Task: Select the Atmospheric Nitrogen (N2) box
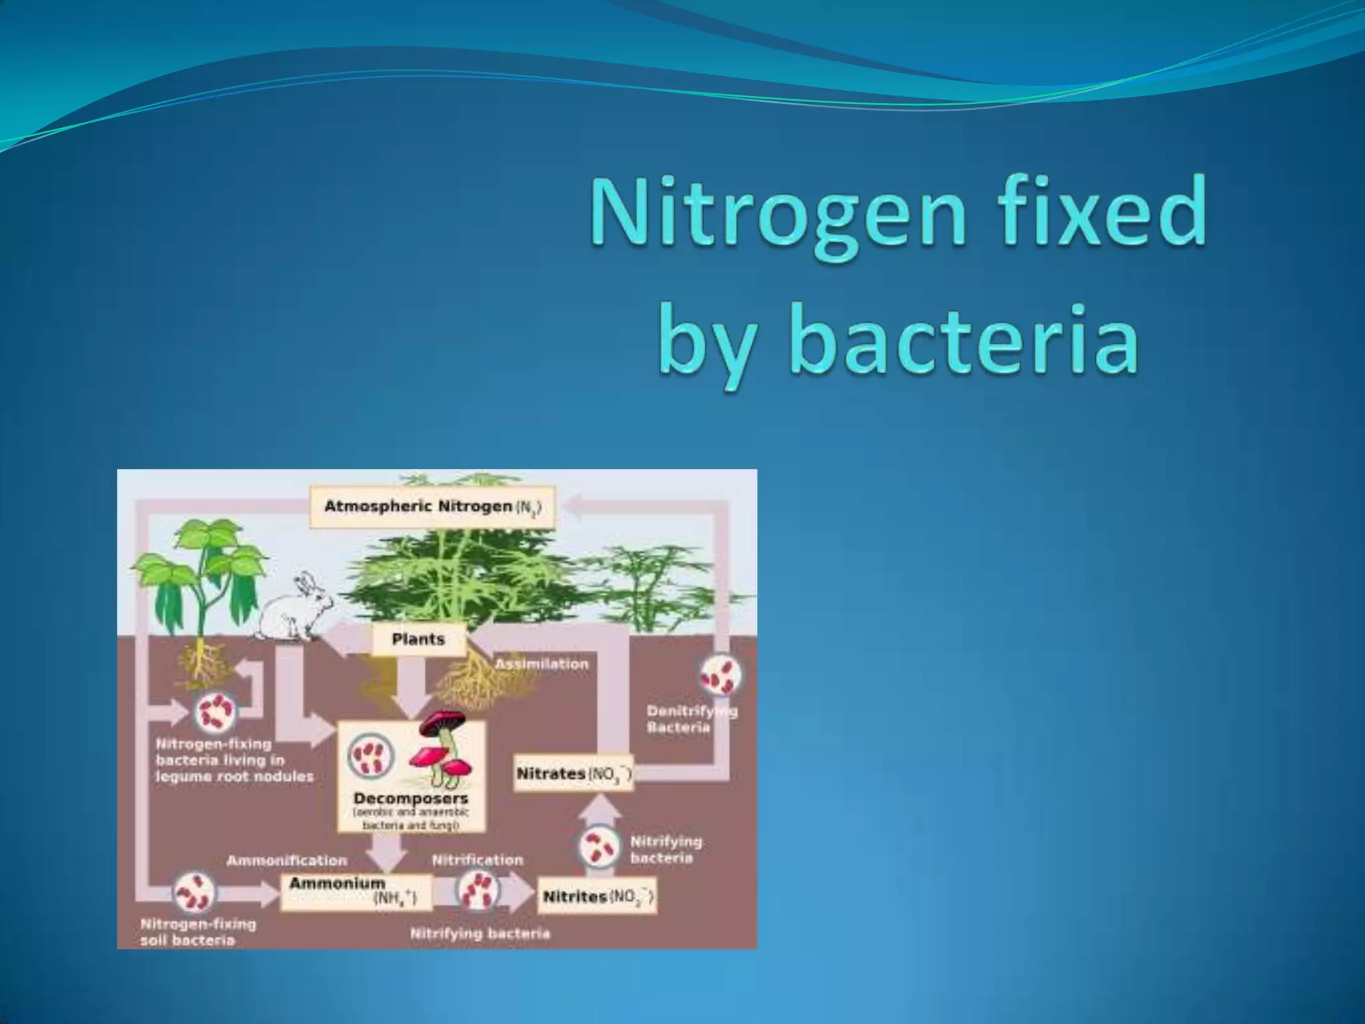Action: [433, 507]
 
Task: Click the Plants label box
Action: [418, 639]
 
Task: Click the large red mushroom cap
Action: [443, 721]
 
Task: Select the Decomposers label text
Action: [411, 798]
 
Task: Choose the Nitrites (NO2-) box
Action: [597, 896]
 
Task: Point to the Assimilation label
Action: [542, 664]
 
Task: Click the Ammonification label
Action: [287, 860]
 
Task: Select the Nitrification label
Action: [477, 860]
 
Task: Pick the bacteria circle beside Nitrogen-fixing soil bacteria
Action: [194, 893]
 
